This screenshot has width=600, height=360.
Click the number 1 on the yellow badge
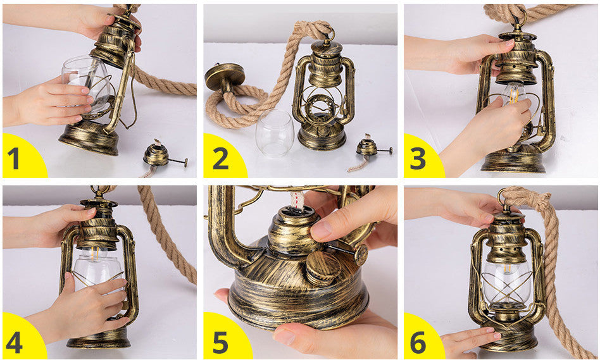[13, 158]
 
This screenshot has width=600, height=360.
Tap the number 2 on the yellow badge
[221, 158]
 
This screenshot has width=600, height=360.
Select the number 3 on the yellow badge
[418, 158]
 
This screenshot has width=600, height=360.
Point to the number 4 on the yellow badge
[14, 342]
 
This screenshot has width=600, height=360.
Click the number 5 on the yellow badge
[220, 342]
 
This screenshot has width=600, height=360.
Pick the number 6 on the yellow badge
[418, 342]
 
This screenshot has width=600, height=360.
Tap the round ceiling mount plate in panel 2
[225, 76]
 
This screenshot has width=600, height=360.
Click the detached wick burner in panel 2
[369, 147]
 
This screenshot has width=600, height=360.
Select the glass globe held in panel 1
[87, 84]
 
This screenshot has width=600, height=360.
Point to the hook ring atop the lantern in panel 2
[328, 35]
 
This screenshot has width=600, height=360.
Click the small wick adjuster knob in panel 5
[361, 254]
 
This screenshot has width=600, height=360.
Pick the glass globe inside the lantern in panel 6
[507, 281]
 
